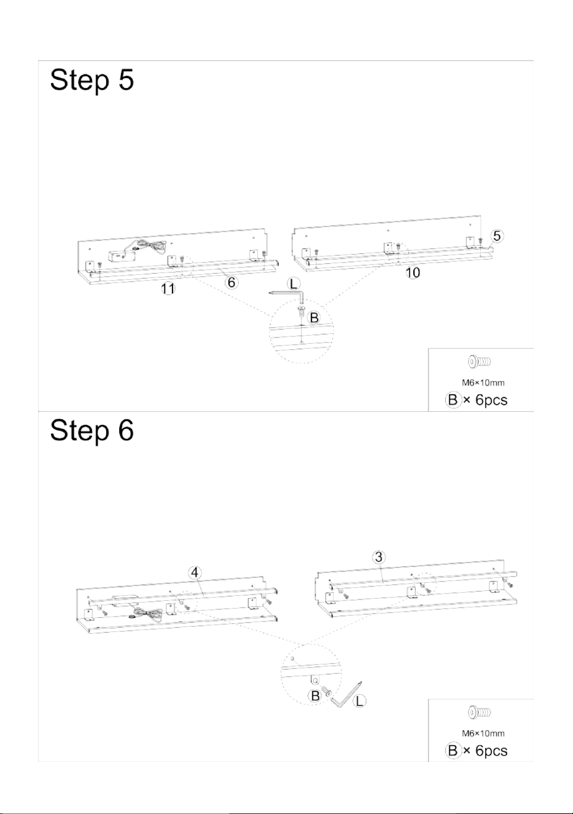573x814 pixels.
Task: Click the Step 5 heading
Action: pos(92,81)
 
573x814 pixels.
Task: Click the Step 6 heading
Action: pos(92,430)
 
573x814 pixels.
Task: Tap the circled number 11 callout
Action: pos(168,289)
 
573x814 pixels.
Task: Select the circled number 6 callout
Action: pos(232,282)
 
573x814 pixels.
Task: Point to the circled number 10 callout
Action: pos(413,272)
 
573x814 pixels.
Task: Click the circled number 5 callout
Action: pos(497,236)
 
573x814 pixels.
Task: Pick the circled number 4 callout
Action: pos(195,573)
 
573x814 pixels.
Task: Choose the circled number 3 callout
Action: pos(379,557)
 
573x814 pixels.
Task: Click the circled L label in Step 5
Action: pos(294,284)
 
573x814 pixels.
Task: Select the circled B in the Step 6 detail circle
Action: pos(315,696)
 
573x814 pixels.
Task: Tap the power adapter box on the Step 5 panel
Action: pos(121,256)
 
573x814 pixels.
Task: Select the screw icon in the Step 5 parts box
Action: pos(479,362)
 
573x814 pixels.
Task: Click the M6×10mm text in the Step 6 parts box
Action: pos(483,733)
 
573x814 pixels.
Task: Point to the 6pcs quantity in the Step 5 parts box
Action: pos(491,400)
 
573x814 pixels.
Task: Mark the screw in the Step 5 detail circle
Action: pos(301,310)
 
